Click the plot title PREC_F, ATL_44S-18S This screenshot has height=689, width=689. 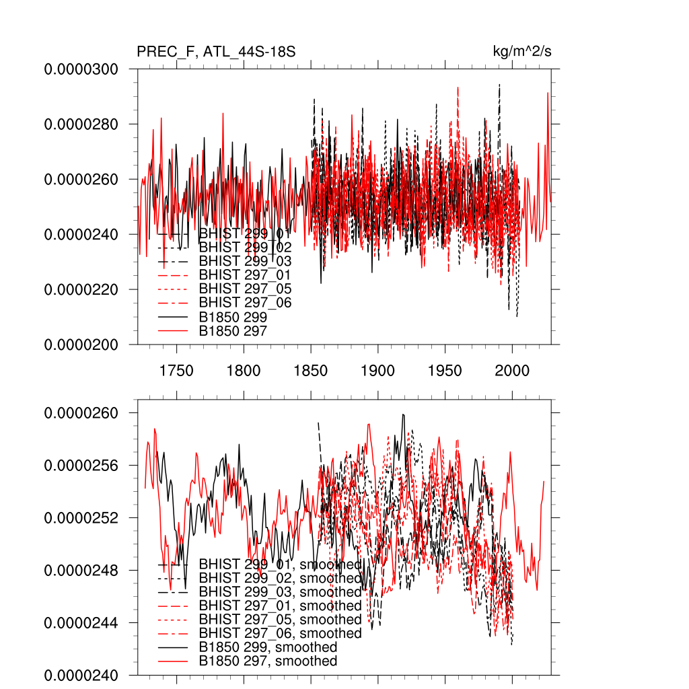tap(216, 52)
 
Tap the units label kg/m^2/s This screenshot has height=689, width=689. tap(523, 52)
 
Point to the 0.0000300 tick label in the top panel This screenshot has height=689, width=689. tap(81, 69)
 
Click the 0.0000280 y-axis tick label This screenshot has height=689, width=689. tap(81, 124)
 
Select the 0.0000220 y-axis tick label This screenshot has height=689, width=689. tap(81, 289)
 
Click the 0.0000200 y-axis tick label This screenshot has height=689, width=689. tap(81, 344)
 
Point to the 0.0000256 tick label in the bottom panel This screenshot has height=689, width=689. tap(81, 466)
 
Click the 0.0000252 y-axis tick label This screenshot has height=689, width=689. tap(81, 518)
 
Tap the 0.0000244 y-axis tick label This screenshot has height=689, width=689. tap(81, 622)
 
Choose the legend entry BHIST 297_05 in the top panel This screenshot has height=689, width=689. tap(245, 289)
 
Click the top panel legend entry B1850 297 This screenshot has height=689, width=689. tap(233, 330)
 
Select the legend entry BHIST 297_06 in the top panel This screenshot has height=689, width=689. tap(245, 303)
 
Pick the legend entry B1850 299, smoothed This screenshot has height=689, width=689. tap(268, 647)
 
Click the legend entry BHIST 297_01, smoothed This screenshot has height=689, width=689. tap(280, 606)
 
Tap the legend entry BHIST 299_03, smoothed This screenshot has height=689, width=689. tap(280, 592)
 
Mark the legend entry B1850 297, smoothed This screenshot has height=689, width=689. tap(268, 661)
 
